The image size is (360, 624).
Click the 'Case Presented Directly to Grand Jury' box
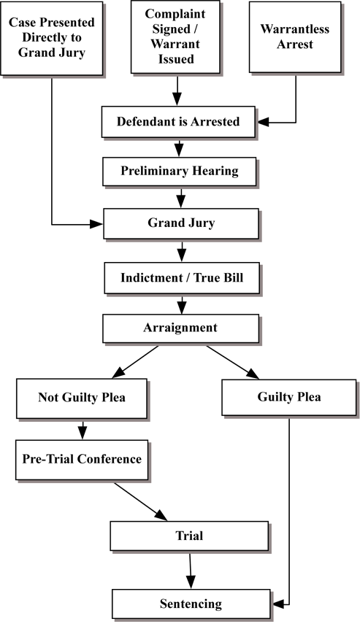(x=52, y=38)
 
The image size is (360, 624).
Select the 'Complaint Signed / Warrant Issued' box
(x=175, y=36)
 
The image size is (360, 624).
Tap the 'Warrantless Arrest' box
(x=295, y=37)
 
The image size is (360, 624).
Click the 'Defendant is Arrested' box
(x=178, y=122)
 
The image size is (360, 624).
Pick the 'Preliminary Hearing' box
(x=179, y=172)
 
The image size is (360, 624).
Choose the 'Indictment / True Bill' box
(x=182, y=278)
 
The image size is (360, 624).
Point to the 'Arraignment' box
(x=180, y=328)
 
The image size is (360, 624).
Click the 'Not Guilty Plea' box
(x=82, y=398)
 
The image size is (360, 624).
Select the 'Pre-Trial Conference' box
(x=82, y=460)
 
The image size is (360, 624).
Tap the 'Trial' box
(x=189, y=536)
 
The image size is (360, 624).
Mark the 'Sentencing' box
(x=191, y=604)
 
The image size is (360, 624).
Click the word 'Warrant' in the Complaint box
(x=175, y=44)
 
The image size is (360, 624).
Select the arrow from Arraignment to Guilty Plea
(x=232, y=362)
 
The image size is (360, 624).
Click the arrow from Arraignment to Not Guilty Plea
(x=135, y=362)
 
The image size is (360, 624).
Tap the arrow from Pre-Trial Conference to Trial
(x=141, y=501)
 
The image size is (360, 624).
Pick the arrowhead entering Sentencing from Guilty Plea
(x=278, y=604)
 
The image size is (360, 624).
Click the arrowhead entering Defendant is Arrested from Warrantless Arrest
(x=264, y=122)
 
